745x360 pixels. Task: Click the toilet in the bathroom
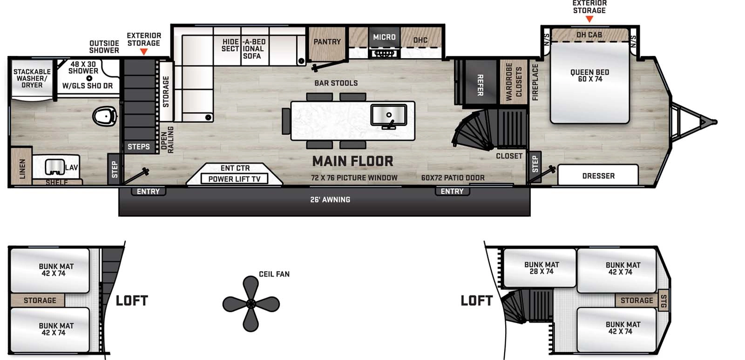105,115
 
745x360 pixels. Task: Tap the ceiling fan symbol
251,304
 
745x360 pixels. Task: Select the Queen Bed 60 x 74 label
589,75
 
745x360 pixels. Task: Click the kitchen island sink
389,115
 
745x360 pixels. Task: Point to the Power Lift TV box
234,179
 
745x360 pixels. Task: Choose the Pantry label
327,42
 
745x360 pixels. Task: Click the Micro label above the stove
384,37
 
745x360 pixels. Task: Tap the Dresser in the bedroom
598,176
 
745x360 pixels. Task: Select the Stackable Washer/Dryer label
32,78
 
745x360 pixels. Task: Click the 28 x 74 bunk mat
542,268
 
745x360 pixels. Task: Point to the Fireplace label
535,82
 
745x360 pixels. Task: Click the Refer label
480,85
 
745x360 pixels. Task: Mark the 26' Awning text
330,200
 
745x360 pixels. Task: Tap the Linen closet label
22,168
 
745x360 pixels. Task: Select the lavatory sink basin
54,167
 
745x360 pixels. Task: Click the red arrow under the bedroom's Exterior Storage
589,20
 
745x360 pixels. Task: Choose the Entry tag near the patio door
452,191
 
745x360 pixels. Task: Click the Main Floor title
352,161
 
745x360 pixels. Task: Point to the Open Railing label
167,139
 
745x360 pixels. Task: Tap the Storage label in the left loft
40,300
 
